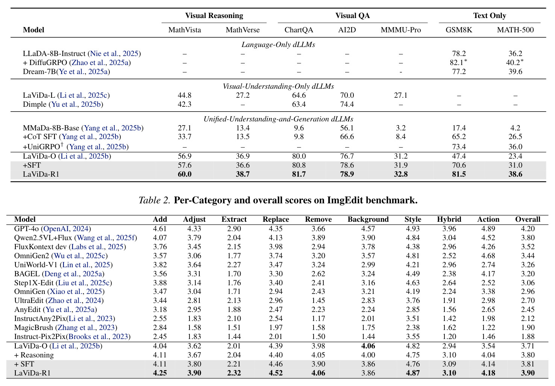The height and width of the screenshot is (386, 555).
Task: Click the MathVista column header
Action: coord(185,30)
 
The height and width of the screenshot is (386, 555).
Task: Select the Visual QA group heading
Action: coord(353,16)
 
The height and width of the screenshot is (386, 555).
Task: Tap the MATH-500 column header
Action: coord(516,30)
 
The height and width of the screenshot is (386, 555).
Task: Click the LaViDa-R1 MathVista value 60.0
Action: coord(185,174)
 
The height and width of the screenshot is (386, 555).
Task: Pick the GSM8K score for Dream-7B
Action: coord(459,71)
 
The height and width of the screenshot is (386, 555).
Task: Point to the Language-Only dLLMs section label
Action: coord(278,45)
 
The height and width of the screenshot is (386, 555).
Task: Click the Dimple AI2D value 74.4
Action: coord(347,104)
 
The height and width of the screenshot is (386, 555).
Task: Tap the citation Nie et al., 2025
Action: coord(114,54)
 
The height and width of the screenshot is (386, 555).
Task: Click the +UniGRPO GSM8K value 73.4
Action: coord(459,147)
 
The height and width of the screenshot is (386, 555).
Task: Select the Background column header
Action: coord(368,219)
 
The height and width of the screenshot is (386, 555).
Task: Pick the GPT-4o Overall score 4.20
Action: coord(528,229)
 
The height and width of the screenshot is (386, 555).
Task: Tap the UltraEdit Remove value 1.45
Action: coord(318,301)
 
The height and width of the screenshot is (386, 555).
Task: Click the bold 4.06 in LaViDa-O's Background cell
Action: coord(368,346)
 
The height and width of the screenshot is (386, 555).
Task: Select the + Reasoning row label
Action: coord(34,355)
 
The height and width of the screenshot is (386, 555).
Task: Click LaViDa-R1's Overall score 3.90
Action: coord(528,373)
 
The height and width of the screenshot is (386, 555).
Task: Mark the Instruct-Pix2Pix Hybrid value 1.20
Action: coord(449,337)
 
